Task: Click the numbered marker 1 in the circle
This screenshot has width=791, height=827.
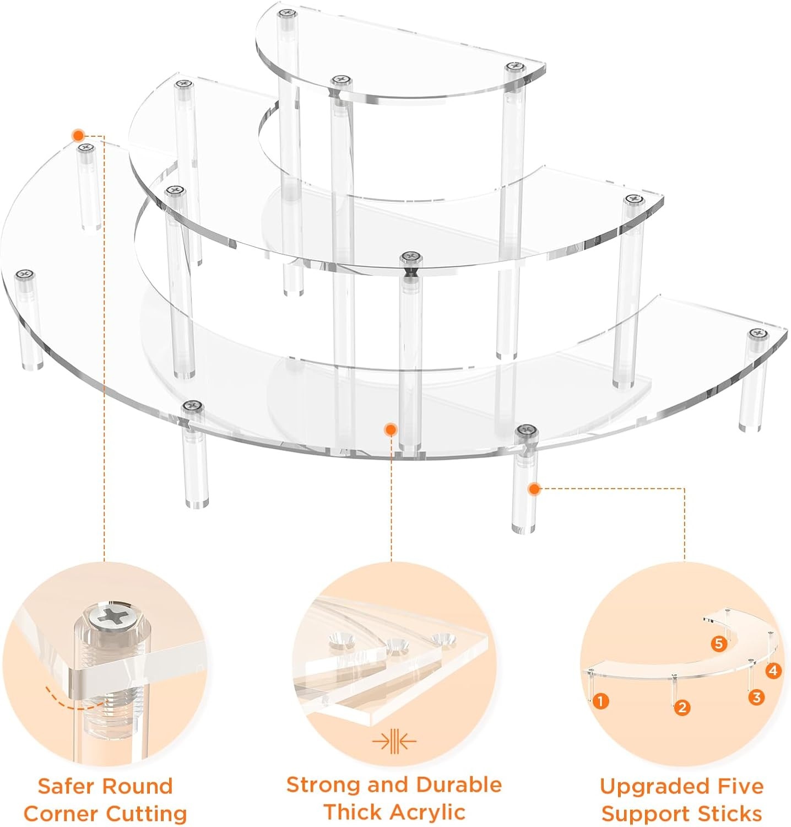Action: [x=600, y=701]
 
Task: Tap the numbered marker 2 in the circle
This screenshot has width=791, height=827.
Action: [x=682, y=707]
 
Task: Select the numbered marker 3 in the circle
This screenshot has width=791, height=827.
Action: [x=756, y=697]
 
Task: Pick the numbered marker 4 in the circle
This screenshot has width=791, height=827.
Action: [x=773, y=670]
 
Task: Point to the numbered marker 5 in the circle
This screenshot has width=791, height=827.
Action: [x=718, y=643]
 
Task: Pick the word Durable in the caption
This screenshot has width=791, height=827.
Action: [x=459, y=784]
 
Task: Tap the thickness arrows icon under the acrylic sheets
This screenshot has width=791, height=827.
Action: [x=394, y=742]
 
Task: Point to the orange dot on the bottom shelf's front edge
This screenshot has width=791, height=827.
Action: [x=391, y=429]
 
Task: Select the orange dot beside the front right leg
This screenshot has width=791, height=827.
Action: [x=534, y=488]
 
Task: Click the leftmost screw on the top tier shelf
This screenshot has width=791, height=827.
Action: [x=285, y=13]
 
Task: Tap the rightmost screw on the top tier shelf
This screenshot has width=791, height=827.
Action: [x=513, y=67]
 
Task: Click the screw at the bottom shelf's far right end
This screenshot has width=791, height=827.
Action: [x=758, y=334]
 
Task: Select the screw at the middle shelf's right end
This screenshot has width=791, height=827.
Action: [x=634, y=199]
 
